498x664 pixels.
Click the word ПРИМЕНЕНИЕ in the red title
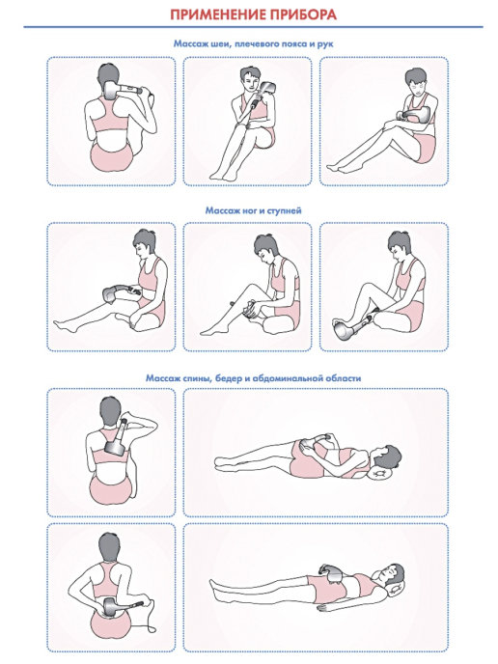212,15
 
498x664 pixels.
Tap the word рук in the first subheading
325,44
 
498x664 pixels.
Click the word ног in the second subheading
250,210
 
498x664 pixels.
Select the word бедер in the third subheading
229,378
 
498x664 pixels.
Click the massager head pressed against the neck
109,90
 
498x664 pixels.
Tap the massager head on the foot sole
342,328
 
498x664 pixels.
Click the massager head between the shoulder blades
114,448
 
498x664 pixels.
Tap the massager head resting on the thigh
112,293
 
